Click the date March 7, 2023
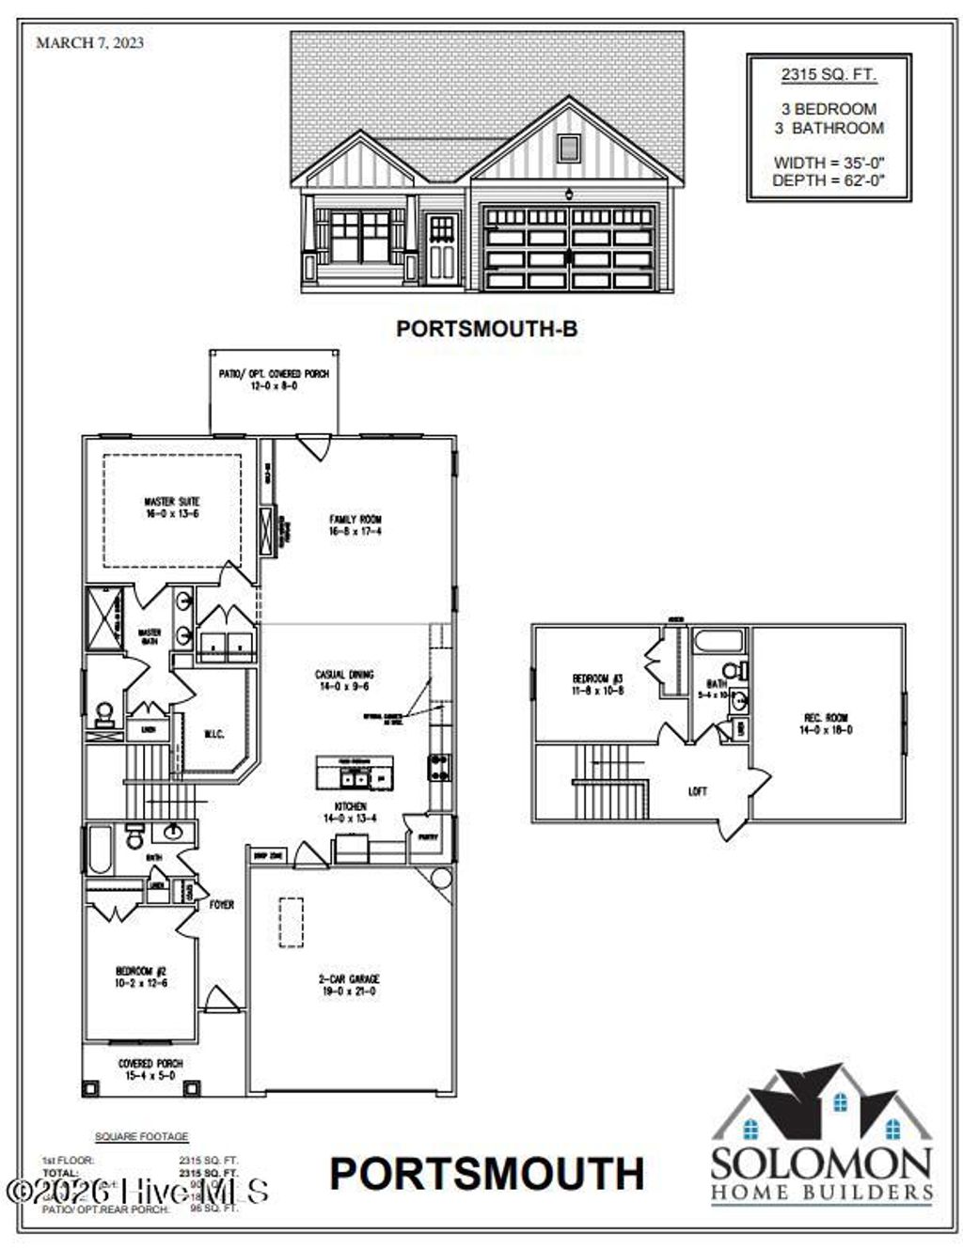click(x=89, y=42)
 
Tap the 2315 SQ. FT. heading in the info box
click(x=829, y=74)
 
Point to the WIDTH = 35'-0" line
click(x=829, y=163)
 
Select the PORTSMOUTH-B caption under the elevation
click(x=486, y=328)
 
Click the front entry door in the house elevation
click(x=442, y=249)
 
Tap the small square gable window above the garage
click(x=568, y=147)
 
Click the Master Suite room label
click(x=171, y=507)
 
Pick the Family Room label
click(x=355, y=524)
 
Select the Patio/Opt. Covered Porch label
click(x=274, y=379)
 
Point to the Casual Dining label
click(x=343, y=679)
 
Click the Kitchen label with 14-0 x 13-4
click(x=350, y=812)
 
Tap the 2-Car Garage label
click(x=349, y=984)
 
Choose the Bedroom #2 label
click(x=141, y=976)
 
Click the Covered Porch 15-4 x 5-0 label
click(x=150, y=1069)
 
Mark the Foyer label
click(x=222, y=904)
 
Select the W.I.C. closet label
click(x=214, y=734)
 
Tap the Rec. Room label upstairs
click(x=825, y=723)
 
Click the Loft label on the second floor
click(x=697, y=791)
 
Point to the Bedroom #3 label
click(x=598, y=683)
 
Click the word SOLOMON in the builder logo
click(x=821, y=1162)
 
